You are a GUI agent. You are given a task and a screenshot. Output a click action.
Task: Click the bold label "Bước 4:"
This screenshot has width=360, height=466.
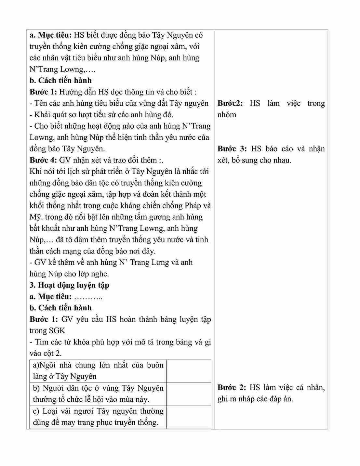pyautogui.click(x=44, y=160)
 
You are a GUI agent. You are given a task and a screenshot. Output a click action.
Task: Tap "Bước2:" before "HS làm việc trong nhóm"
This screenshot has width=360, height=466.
pyautogui.click(x=230, y=103)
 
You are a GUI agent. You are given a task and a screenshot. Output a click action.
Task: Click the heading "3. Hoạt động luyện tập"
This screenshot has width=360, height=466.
pyautogui.click(x=69, y=285)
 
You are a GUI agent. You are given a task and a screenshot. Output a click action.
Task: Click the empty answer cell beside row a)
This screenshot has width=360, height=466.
pyautogui.click(x=189, y=371)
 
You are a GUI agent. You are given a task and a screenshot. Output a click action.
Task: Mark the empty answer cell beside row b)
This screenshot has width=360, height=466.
pyautogui.click(x=189, y=394)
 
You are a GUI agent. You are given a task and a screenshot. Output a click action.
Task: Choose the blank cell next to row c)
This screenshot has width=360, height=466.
pyautogui.click(x=189, y=417)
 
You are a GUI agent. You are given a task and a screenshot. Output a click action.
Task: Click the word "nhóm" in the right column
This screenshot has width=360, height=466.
pyautogui.click(x=227, y=115)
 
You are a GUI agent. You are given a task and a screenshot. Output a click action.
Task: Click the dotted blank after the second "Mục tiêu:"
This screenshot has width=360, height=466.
pyautogui.click(x=88, y=297)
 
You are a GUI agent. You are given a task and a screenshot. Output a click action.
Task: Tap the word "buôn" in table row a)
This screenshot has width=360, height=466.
pyautogui.click(x=155, y=365)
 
